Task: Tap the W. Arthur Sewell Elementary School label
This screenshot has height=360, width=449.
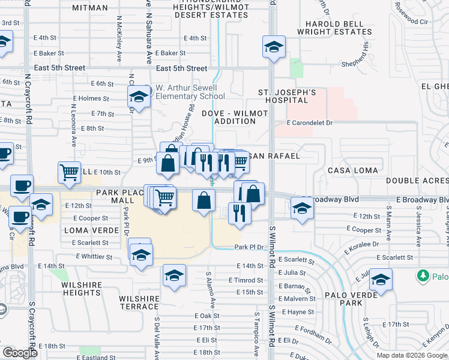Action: pyautogui.click(x=190, y=92)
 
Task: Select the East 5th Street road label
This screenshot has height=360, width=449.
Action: pyautogui.click(x=181, y=68)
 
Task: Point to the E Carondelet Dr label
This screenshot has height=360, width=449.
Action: pyautogui.click(x=309, y=122)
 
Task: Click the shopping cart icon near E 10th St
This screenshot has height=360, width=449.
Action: pyautogui.click(x=69, y=172)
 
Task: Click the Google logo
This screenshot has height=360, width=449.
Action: pyautogui.click(x=19, y=353)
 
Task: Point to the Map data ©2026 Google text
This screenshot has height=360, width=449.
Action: pyautogui.click(x=412, y=355)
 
